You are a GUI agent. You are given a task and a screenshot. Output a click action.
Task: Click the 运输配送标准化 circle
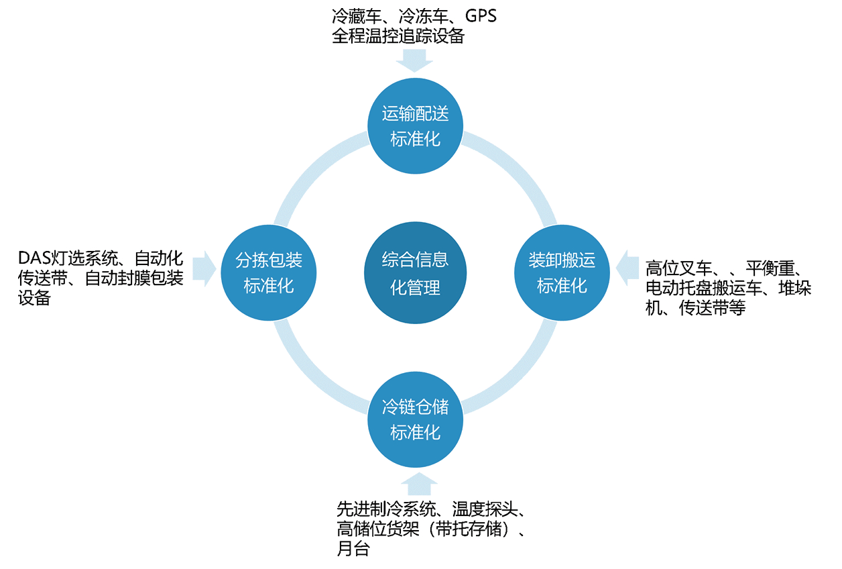(415, 126)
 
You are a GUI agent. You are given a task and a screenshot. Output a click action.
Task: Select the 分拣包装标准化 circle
(269, 272)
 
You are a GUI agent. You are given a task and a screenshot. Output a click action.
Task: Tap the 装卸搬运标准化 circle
(562, 272)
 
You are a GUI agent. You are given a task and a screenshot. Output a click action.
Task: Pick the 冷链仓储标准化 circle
(415, 419)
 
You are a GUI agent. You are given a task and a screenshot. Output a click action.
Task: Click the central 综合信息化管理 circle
(415, 273)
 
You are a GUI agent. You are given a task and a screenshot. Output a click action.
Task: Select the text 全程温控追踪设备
(398, 36)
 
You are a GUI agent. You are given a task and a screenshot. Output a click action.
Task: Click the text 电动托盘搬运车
(701, 289)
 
